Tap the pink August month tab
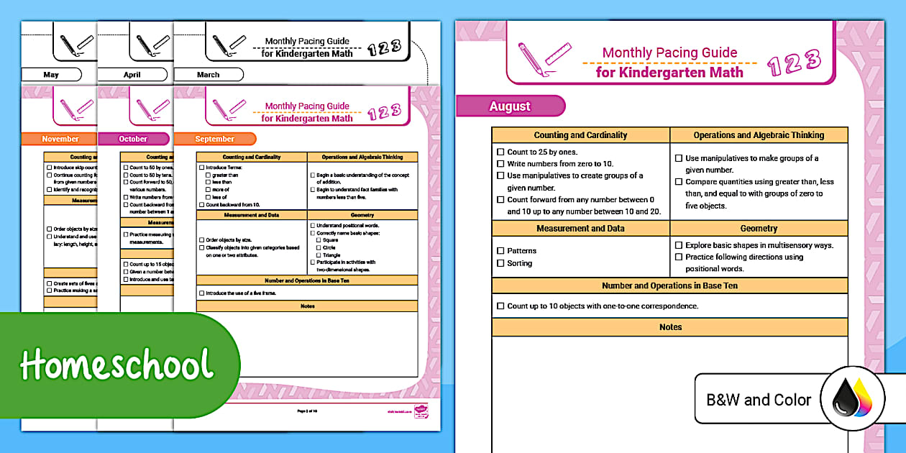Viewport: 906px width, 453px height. coord(510,106)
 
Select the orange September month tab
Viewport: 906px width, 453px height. coord(214,139)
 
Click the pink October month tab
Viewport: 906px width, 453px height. coord(133,139)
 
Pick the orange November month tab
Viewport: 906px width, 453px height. coord(60,139)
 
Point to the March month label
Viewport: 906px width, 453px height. coord(208,75)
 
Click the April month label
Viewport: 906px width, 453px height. coord(132,75)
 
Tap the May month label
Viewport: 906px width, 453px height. coord(51,75)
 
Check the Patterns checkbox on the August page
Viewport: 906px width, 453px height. coord(500,251)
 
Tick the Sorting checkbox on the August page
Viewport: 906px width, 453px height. coord(500,263)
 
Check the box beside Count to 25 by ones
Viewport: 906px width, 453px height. coord(500,152)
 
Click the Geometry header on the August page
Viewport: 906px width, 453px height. coord(759,229)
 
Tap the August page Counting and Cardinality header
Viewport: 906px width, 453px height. coord(580,135)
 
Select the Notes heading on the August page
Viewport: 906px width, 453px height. coord(670,327)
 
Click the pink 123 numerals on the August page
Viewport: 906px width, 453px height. coord(794,63)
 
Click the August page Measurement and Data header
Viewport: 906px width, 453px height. coord(580,229)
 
